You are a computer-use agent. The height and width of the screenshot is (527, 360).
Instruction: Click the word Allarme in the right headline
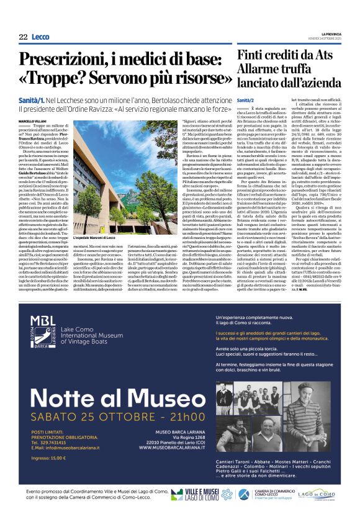(263, 70)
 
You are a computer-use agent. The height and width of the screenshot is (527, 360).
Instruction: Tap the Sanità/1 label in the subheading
(31, 100)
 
